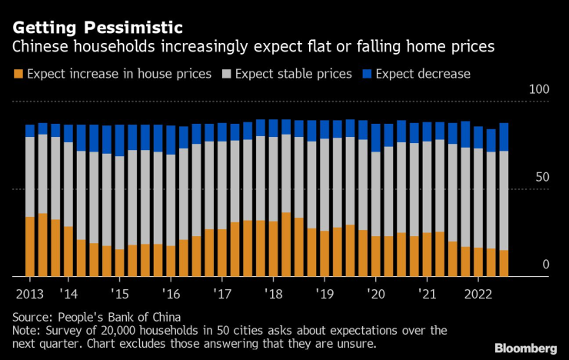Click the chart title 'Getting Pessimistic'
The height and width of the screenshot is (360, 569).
[96, 28]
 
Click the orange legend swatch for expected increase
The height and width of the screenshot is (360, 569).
[18, 75]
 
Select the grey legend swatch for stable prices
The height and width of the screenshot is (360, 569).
[226, 75]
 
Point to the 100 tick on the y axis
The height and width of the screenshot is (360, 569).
[540, 90]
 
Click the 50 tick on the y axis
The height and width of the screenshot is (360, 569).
[543, 178]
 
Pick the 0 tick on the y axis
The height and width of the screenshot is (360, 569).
[546, 265]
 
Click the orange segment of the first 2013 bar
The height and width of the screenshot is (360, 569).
[30, 246]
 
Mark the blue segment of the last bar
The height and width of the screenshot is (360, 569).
[504, 137]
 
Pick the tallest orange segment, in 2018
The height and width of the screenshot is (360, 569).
[286, 244]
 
